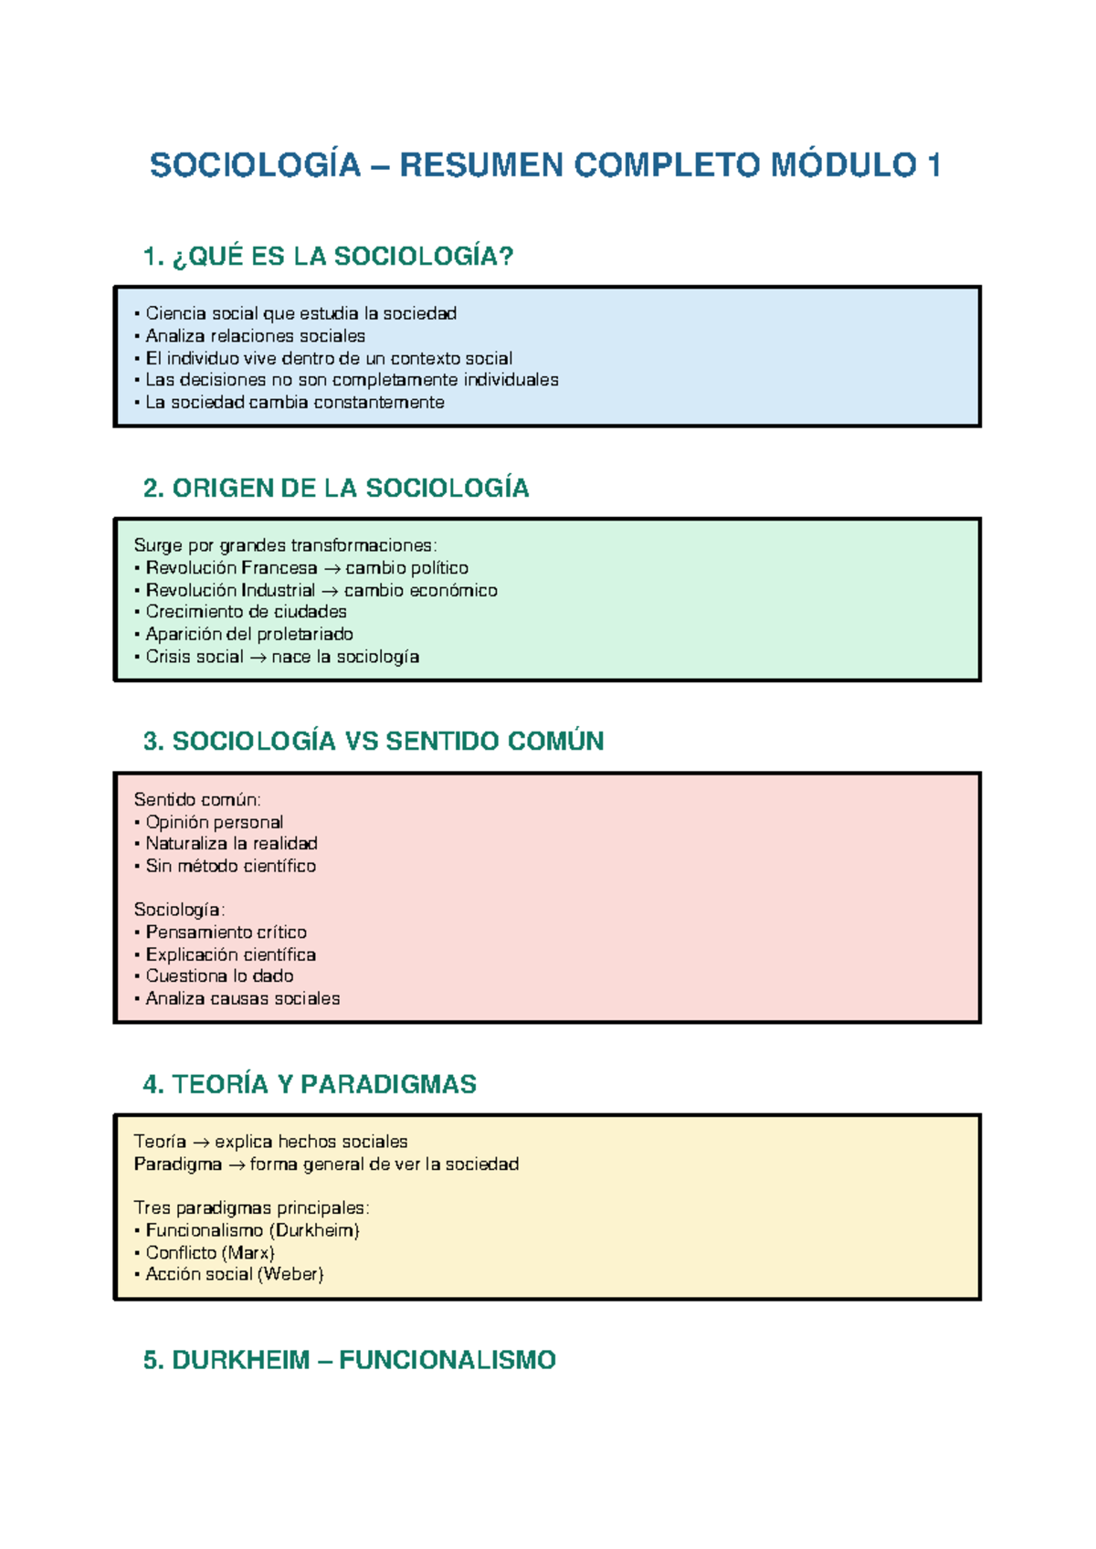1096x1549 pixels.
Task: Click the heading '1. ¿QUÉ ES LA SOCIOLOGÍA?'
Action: [329, 257]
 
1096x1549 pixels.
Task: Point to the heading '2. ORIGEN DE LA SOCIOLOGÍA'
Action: [336, 489]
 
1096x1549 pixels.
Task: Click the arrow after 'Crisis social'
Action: [258, 658]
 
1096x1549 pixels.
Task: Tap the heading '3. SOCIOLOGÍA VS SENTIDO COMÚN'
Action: [374, 741]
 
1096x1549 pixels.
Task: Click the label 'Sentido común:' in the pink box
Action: [197, 800]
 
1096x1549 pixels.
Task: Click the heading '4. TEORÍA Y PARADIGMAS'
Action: [310, 1084]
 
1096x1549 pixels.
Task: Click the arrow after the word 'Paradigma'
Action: [236, 1165]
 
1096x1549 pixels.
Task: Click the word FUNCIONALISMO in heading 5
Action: [447, 1361]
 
